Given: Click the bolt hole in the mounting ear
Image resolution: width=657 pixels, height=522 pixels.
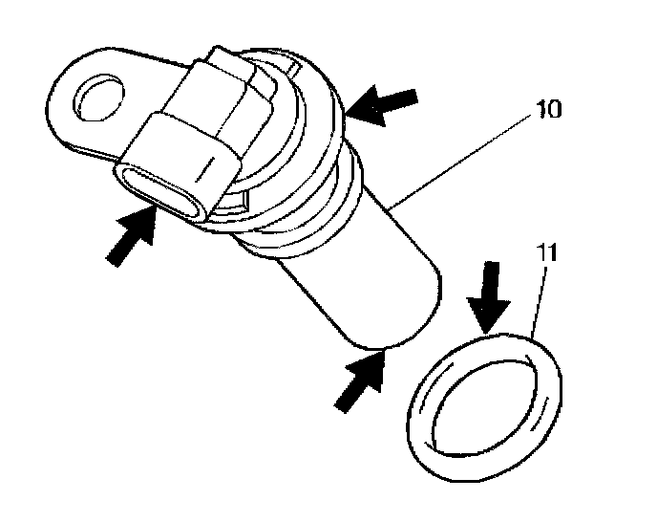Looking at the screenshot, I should (97, 98).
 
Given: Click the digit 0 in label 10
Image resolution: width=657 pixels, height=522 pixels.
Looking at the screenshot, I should (557, 109).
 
